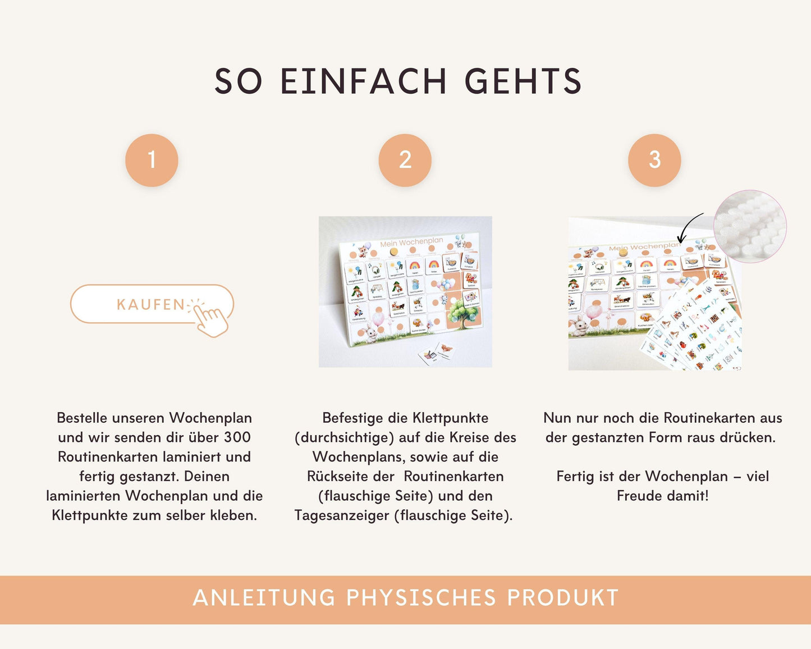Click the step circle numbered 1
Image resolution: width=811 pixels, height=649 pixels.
coord(152,160)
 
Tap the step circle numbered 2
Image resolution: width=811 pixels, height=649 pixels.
coord(405,160)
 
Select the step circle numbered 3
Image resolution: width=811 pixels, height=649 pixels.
coord(654,160)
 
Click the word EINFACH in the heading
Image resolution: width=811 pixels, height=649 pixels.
coord(363,81)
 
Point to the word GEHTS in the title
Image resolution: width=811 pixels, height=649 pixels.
coord(523,81)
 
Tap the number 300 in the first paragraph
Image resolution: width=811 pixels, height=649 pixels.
coord(237,437)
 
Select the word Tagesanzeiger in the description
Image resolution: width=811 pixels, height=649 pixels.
coord(342,515)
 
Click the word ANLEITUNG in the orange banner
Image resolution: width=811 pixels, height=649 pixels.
coord(264,598)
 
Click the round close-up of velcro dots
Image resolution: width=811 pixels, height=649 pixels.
coord(750,226)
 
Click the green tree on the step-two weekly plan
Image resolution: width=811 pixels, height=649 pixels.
coord(464,312)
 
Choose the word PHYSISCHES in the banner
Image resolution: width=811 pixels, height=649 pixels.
coord(421,598)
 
